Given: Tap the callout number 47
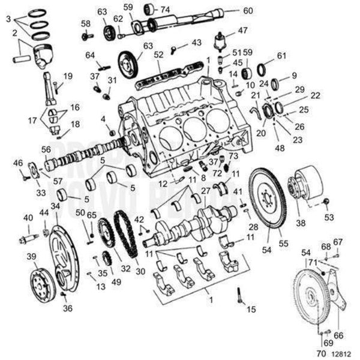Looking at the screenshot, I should (242, 30).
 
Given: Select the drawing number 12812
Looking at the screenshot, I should (343, 353).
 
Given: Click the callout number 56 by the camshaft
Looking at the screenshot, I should (46, 149).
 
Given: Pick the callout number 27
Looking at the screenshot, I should (205, 191).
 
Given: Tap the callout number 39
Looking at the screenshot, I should (32, 257).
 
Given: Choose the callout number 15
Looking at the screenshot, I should (251, 309).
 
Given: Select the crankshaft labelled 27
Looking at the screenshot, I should (192, 225).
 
